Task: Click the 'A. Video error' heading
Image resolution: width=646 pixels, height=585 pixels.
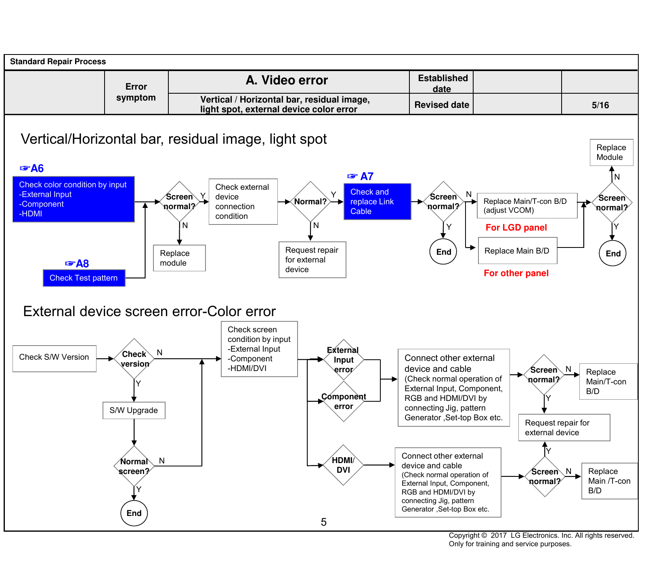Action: click(x=287, y=80)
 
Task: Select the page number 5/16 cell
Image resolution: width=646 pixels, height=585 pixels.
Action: click(x=600, y=105)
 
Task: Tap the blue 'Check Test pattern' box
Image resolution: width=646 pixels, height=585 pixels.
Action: click(x=84, y=278)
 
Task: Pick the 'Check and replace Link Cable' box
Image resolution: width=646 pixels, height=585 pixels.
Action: click(x=377, y=201)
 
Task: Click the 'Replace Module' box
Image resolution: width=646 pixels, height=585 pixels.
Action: click(x=611, y=152)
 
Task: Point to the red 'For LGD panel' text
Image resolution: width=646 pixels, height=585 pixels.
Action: click(x=516, y=228)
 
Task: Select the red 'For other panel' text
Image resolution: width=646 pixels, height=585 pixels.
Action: click(x=516, y=273)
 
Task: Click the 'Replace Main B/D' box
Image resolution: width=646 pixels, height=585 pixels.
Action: click(x=518, y=251)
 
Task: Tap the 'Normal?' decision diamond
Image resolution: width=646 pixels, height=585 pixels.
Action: click(x=310, y=201)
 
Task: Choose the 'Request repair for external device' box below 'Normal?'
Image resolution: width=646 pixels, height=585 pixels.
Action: click(x=312, y=260)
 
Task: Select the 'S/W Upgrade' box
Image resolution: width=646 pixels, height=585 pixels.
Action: click(x=134, y=410)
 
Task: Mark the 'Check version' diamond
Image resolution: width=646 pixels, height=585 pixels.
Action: click(x=134, y=359)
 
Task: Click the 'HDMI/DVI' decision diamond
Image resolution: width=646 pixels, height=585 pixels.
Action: click(x=343, y=465)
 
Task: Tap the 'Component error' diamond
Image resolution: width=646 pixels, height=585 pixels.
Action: click(x=344, y=401)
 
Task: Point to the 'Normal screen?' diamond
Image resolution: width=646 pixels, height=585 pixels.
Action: click(x=134, y=466)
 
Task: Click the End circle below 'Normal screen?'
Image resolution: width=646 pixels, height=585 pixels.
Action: click(x=134, y=513)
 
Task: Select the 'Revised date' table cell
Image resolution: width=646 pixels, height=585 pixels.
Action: click(x=441, y=105)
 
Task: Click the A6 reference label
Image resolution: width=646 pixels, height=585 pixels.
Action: click(x=31, y=168)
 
